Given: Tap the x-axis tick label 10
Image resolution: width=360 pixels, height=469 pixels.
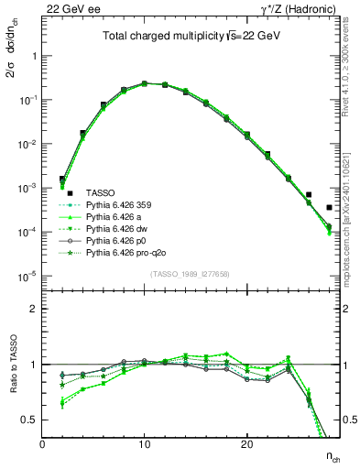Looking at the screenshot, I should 144,444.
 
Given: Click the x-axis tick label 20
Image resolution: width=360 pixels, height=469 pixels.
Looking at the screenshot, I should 246,444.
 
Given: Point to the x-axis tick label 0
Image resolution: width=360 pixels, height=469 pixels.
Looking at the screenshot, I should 42,444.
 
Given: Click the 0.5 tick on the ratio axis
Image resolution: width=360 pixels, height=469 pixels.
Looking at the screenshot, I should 29,420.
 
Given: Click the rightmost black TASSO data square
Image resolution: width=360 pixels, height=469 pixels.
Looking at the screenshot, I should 329,208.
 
